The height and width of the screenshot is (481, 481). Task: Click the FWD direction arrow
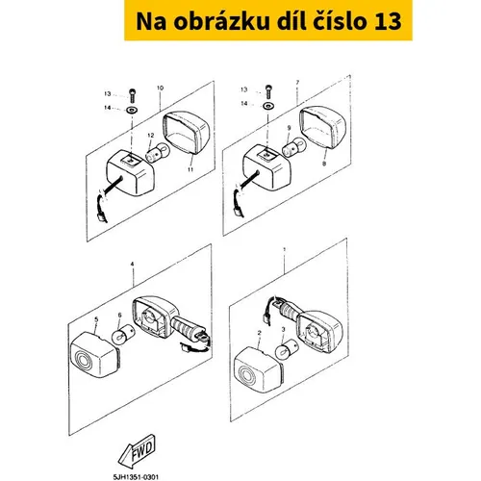click(138, 451)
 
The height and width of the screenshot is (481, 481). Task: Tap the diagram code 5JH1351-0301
click(136, 477)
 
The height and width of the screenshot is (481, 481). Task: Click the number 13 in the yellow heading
click(388, 21)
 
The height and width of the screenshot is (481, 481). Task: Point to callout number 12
click(151, 136)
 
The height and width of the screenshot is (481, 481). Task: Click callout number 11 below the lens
click(190, 169)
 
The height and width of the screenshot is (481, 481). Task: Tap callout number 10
click(160, 88)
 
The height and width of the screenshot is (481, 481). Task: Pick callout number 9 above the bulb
click(289, 128)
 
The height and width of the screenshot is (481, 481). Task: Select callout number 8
click(324, 164)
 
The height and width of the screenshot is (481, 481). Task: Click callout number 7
click(297, 83)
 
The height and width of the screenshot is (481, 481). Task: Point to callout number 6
click(119, 316)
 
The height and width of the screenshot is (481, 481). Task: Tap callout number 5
click(96, 319)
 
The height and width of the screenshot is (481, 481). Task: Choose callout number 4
click(132, 264)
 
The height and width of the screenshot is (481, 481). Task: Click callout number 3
click(283, 329)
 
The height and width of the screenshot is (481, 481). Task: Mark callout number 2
click(259, 333)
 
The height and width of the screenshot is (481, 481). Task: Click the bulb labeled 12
click(158, 152)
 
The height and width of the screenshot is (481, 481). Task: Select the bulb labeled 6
click(122, 335)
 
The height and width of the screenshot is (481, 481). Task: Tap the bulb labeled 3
click(287, 349)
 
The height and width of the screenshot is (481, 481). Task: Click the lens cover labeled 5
click(95, 355)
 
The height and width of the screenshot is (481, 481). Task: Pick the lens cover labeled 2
click(259, 369)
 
